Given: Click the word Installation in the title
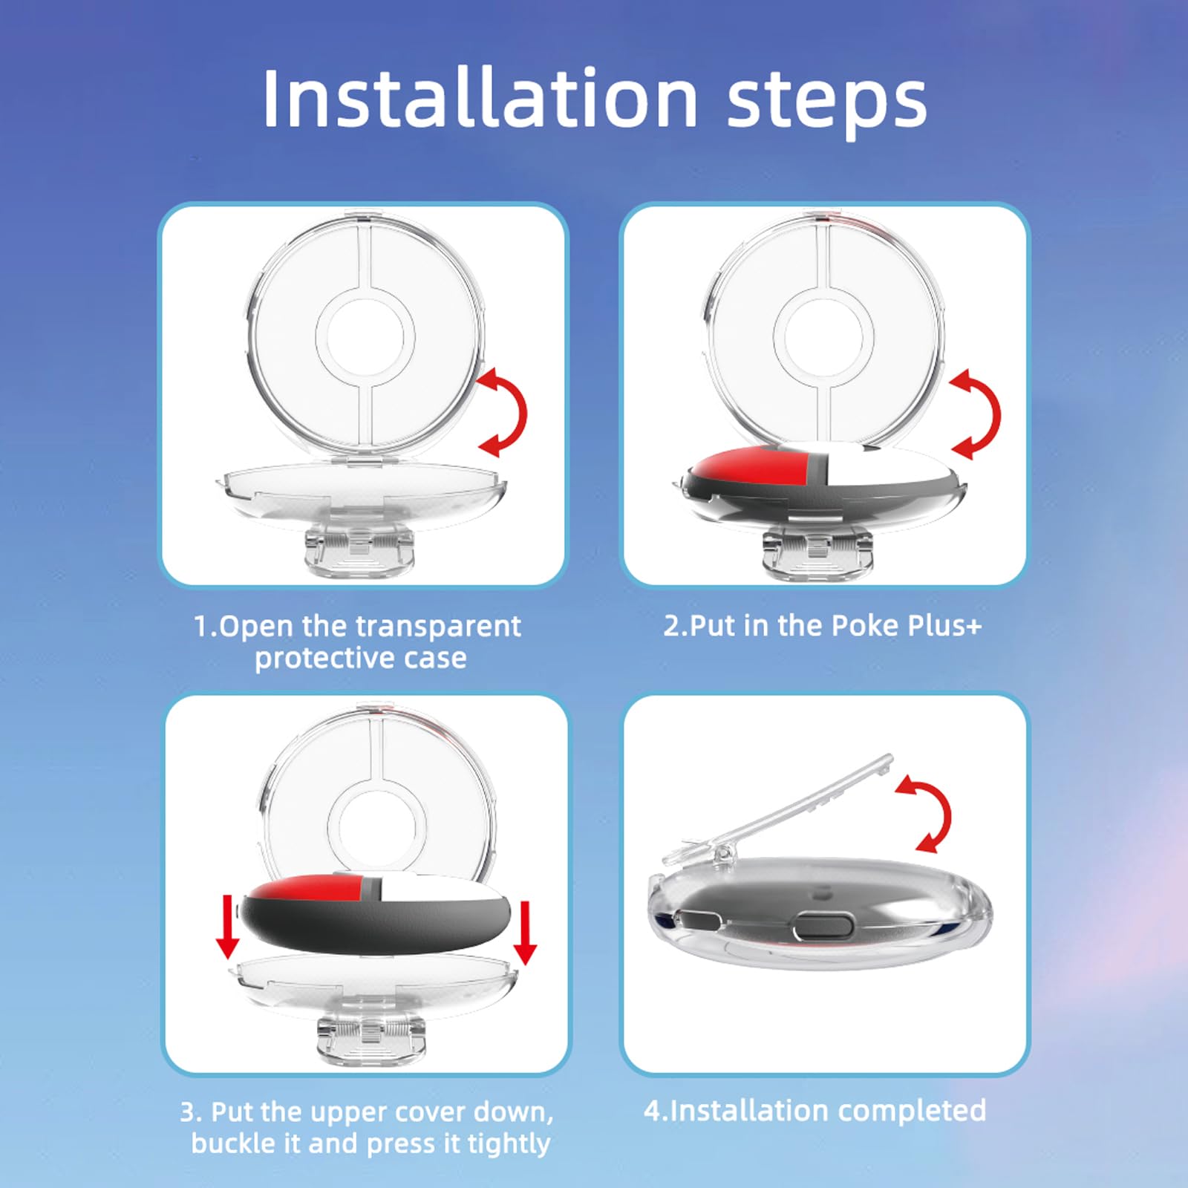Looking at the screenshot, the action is coord(480,99).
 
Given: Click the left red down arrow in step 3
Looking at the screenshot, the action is coord(227,928).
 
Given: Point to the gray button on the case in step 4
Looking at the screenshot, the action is coord(820,927).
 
